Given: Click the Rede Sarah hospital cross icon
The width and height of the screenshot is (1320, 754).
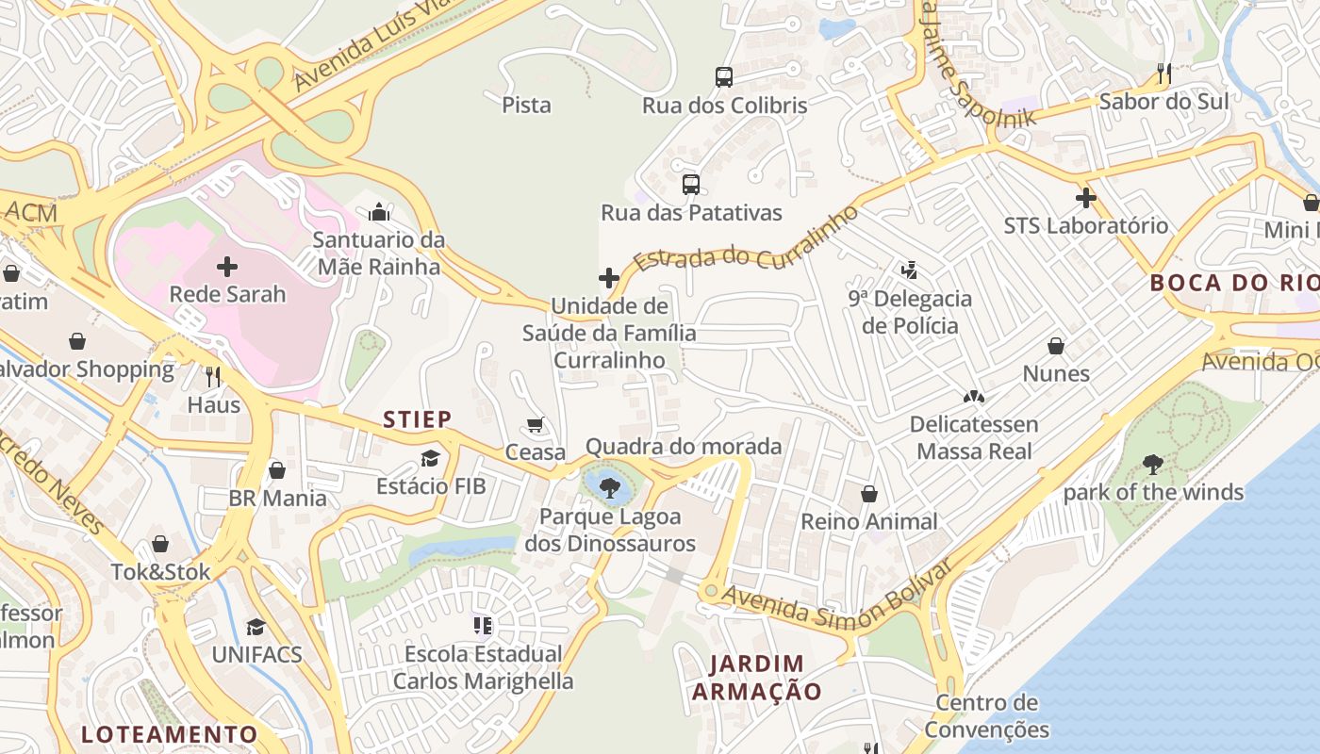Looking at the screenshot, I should pyautogui.click(x=227, y=267).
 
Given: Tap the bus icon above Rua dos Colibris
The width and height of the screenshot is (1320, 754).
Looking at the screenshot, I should pyautogui.click(x=724, y=77).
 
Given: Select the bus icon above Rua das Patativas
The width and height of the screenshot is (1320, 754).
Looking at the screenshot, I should pyautogui.click(x=691, y=185).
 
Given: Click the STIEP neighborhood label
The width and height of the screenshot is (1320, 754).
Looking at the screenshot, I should pyautogui.click(x=417, y=419).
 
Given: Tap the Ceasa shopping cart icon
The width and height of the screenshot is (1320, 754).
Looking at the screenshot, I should pyautogui.click(x=536, y=425).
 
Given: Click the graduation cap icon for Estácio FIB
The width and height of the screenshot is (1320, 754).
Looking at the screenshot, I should pyautogui.click(x=431, y=459).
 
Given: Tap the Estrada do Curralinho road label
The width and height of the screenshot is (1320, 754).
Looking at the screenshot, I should pyautogui.click(x=745, y=241).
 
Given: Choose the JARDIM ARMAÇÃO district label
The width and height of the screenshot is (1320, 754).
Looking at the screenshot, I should pyautogui.click(x=757, y=678).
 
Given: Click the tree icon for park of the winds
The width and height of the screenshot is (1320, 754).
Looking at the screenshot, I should pyautogui.click(x=1152, y=465).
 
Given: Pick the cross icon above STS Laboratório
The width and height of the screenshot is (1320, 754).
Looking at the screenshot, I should pyautogui.click(x=1086, y=198).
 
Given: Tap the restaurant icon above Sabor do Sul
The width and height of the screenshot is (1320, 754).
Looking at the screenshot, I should pyautogui.click(x=1164, y=74).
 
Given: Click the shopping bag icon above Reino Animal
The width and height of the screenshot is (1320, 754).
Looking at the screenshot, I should pyautogui.click(x=869, y=494).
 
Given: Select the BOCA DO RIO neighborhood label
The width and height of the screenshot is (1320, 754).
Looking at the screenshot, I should pyautogui.click(x=1233, y=283).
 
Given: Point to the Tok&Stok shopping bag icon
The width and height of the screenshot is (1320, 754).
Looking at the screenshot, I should pyautogui.click(x=160, y=544).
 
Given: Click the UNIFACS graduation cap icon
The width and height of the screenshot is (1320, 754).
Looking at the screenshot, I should pyautogui.click(x=256, y=627).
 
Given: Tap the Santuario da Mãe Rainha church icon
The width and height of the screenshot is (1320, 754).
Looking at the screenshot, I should pyautogui.click(x=379, y=212).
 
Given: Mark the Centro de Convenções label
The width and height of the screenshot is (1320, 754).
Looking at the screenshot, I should pyautogui.click(x=986, y=716).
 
